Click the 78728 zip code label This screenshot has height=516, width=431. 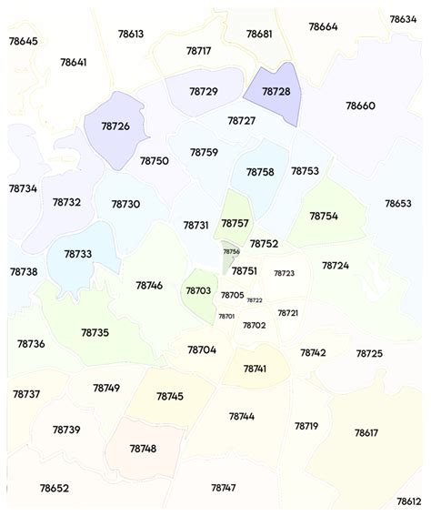pos(276,92)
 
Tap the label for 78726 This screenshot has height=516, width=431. pos(115,126)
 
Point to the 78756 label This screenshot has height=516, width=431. pos(232,251)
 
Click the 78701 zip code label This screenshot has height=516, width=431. pos(226,316)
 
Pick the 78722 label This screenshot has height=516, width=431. pos(255,300)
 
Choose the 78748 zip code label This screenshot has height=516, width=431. pos(143,449)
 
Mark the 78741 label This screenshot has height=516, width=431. pos(255,369)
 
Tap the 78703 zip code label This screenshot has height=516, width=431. pos(198,290)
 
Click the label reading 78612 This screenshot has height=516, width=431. pos(409,501)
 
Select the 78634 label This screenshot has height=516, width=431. pos(403,19)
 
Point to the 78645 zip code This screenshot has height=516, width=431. pos(24,41)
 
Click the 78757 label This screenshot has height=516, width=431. pos(235,223)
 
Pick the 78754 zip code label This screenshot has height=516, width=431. pos(324,216)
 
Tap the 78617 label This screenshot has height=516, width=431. pos(366,432)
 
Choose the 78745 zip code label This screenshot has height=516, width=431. pos(170,396)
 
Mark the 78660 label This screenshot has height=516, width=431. pos(360,106)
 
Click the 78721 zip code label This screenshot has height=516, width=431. pos(288,313)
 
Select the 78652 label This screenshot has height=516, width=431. pos(54,488)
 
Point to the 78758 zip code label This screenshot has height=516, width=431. pos(260,172)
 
